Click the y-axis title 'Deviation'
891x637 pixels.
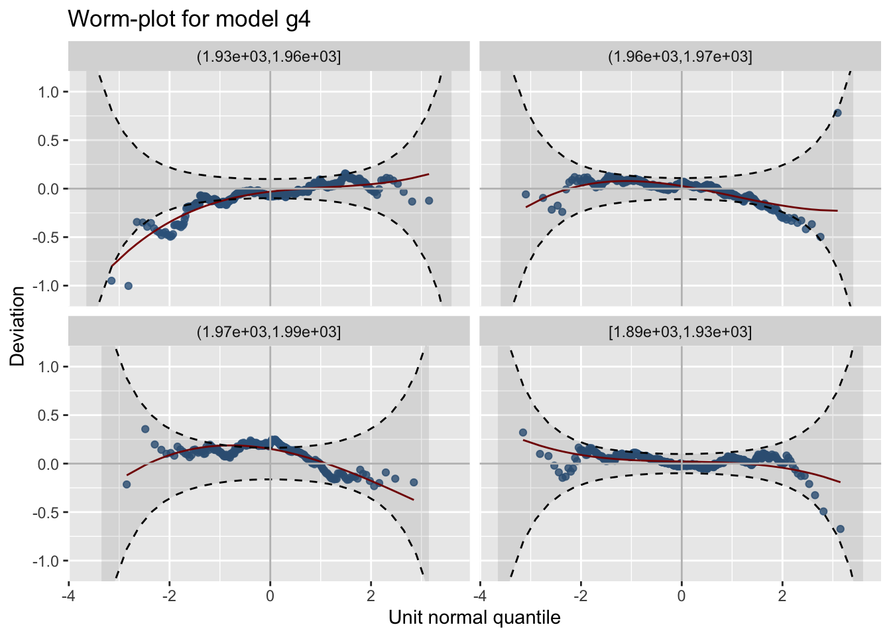point(17,326)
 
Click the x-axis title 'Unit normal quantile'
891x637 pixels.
point(475,618)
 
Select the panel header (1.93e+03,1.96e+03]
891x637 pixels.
point(268,56)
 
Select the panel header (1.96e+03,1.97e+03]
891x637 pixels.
point(680,56)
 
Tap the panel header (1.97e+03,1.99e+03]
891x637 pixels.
point(268,332)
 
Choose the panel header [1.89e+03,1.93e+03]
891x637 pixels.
point(680,332)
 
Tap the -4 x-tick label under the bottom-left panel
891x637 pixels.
point(68,595)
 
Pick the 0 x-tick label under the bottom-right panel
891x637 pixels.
point(682,595)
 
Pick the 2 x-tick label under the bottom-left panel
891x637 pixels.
point(371,595)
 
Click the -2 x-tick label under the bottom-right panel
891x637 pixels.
point(578,595)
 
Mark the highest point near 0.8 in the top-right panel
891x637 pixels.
point(837,113)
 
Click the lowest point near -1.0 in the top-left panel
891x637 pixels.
point(129,286)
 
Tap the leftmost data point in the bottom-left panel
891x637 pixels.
point(127,484)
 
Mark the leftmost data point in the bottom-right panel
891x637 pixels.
point(522,433)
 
